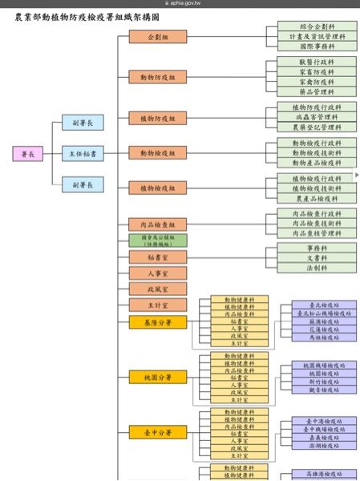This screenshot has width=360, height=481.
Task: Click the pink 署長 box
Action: (28, 153)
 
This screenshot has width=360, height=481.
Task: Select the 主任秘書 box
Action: (83, 153)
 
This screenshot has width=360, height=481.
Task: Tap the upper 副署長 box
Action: (83, 123)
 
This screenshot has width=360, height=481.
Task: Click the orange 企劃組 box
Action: (157, 38)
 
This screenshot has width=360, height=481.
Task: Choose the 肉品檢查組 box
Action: (157, 225)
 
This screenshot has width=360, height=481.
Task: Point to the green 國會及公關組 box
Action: (157, 240)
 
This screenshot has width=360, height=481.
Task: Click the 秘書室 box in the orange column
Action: (157, 257)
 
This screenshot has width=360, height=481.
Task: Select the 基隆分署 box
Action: (157, 322)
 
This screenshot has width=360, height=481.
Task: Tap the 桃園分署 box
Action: (157, 377)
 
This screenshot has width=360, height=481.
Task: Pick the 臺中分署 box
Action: (157, 432)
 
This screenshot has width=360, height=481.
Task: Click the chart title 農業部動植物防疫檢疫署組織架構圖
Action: (87, 16)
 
